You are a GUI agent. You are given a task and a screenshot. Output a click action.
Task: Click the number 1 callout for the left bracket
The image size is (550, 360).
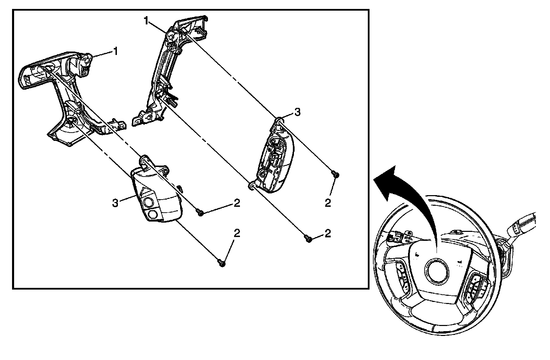116,52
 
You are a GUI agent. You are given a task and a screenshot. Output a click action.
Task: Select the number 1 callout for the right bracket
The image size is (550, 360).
146,21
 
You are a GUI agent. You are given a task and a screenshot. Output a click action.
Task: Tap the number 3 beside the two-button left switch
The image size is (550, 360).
115,203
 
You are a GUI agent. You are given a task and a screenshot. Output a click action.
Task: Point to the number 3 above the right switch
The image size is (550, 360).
297,112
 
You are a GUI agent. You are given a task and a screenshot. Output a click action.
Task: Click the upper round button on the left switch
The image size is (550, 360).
148,202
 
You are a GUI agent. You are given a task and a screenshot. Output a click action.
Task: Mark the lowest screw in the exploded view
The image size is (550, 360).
222,263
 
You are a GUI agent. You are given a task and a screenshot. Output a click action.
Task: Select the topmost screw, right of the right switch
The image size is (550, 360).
335,175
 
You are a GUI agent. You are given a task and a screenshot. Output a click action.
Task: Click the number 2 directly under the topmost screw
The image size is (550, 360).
328,203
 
